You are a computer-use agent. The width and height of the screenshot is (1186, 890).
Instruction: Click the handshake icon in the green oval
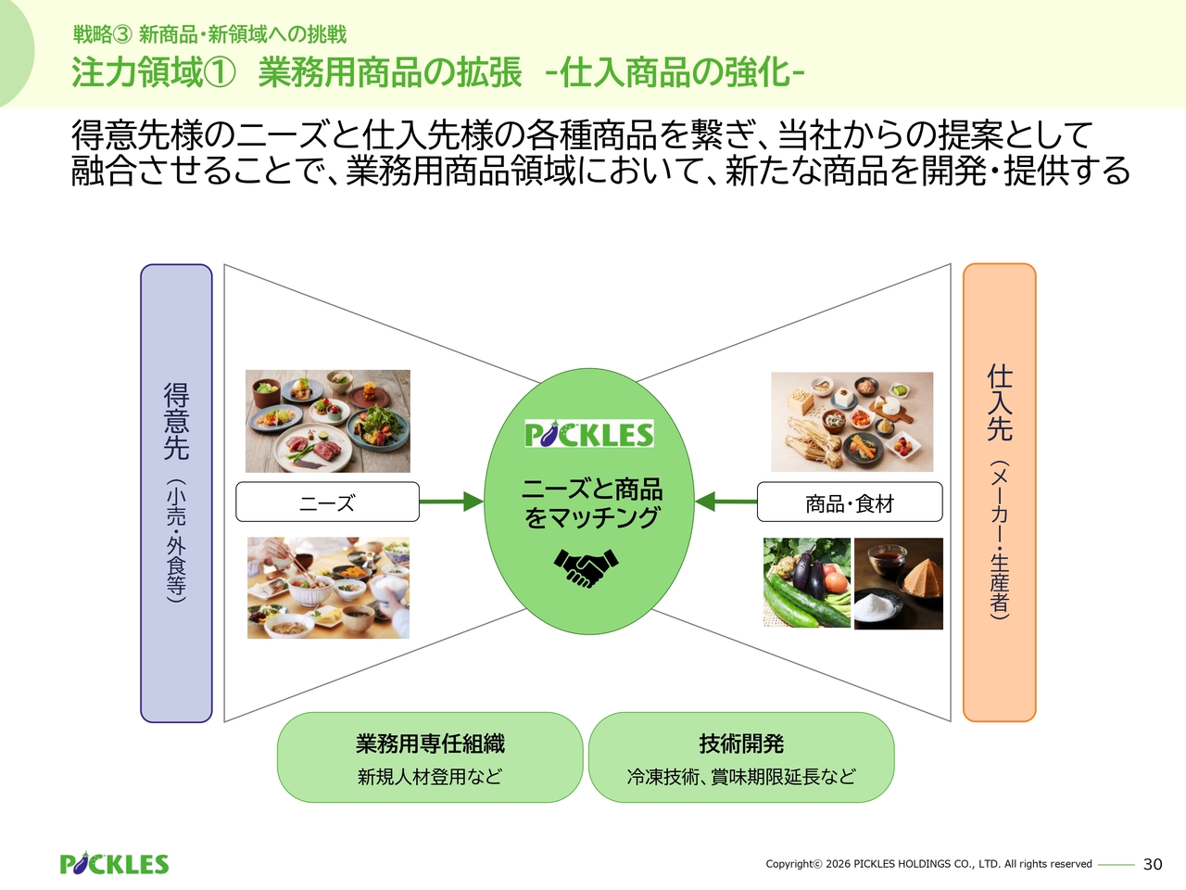point(587,567)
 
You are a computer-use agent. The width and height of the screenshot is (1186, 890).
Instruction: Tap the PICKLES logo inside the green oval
point(589,433)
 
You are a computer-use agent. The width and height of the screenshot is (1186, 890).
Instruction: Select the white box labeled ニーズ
point(327,502)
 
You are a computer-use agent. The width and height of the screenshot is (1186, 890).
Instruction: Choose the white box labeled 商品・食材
point(850,502)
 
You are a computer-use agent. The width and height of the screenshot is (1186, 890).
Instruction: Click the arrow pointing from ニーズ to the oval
point(451,502)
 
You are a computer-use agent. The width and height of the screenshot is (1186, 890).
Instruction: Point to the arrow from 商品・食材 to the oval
point(725,502)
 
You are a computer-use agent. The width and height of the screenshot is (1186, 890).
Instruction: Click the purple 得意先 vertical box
point(176,493)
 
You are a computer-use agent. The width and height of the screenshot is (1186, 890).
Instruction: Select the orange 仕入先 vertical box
point(1000,492)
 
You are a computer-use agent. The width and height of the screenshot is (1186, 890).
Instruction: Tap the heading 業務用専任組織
point(430,744)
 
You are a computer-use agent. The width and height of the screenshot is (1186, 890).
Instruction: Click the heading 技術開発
point(741,744)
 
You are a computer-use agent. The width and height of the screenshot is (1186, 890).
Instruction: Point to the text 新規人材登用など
point(430,777)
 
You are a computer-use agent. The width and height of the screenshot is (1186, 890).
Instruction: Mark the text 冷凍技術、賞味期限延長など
point(741,777)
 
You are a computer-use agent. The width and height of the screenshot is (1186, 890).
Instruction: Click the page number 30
point(1153,865)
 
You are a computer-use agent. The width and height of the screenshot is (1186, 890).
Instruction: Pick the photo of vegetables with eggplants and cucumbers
point(807,582)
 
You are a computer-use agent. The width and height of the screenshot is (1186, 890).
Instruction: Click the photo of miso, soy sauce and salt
point(899,584)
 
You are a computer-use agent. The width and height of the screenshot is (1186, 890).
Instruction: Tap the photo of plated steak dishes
point(328,421)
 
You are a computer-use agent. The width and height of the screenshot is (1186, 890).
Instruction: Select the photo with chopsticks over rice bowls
point(329,588)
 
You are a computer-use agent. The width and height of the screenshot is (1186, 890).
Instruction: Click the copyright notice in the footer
point(928,864)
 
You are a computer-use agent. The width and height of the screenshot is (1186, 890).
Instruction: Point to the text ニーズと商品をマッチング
point(592,503)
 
